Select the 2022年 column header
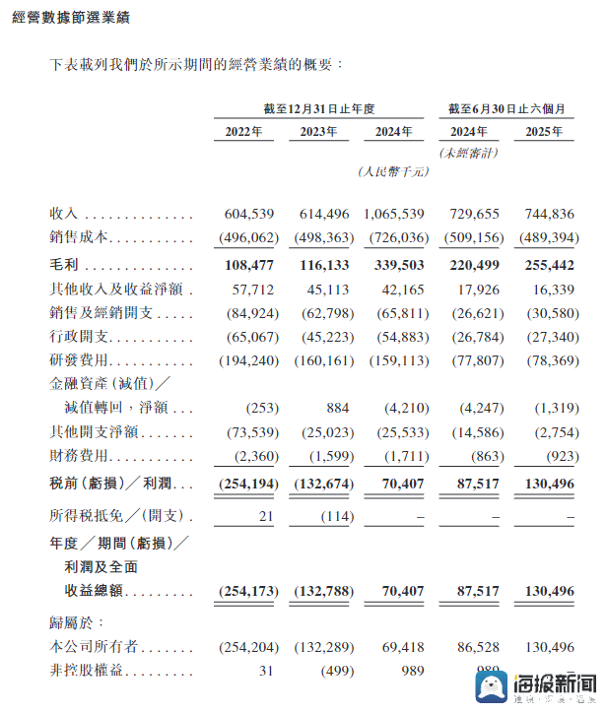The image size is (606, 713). pyautogui.click(x=243, y=131)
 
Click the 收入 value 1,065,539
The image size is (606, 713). pyautogui.click(x=394, y=214)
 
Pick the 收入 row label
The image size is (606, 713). pyautogui.click(x=64, y=214)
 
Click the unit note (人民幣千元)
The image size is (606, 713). pyautogui.click(x=393, y=171)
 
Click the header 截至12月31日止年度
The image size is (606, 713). pyautogui.click(x=319, y=107)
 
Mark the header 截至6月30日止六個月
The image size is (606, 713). pyautogui.click(x=505, y=107)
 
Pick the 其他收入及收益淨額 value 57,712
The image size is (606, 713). pyautogui.click(x=249, y=290)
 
